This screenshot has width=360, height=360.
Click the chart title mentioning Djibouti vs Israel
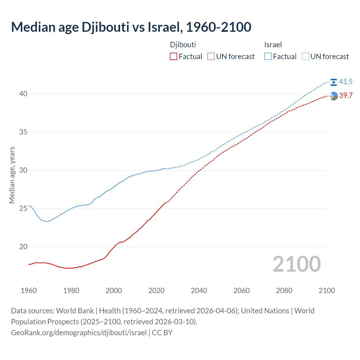(131, 27)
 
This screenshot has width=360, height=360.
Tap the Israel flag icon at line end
(334, 82)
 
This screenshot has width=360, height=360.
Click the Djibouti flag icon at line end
(334, 96)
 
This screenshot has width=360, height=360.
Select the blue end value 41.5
(346, 82)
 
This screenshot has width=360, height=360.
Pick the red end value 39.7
(346, 96)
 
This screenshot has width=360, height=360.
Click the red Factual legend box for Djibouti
(174, 57)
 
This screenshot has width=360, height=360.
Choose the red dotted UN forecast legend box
(211, 57)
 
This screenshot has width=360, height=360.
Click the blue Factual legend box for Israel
(268, 57)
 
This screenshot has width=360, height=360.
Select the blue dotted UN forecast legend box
(305, 57)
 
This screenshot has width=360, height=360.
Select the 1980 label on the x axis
(71, 291)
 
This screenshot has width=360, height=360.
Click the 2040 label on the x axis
(199, 291)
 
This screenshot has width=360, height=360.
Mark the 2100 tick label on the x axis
(327, 291)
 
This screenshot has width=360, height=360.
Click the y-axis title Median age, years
(12, 175)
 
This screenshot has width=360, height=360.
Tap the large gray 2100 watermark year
(296, 264)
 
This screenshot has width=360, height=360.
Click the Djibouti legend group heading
(183, 45)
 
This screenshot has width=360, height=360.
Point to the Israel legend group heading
(273, 45)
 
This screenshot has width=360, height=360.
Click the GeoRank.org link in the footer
(79, 333)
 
